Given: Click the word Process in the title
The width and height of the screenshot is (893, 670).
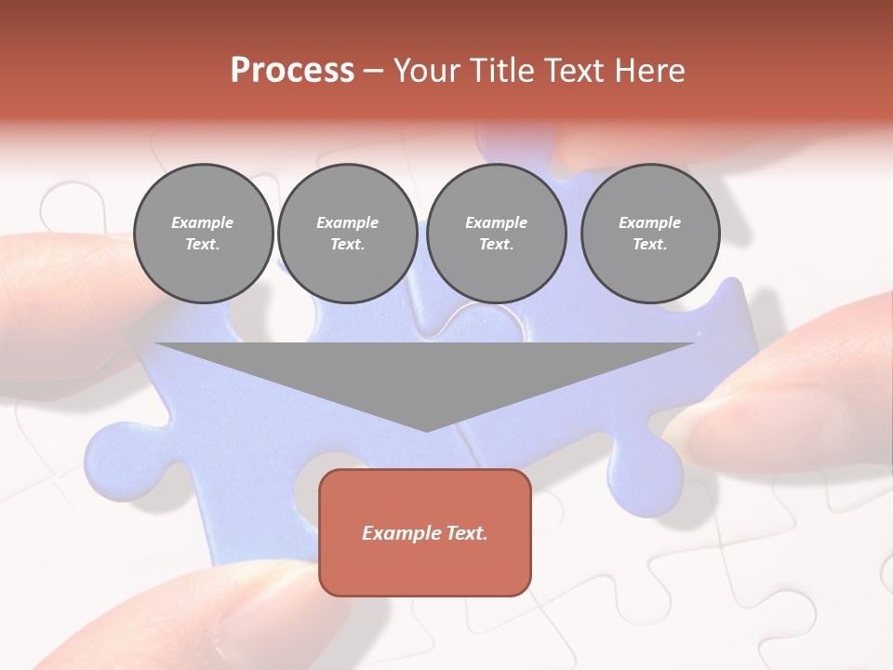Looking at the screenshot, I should click(292, 71).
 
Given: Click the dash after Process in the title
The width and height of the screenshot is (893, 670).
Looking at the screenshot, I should click(373, 72).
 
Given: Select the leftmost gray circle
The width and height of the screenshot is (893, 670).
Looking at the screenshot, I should click(204, 234).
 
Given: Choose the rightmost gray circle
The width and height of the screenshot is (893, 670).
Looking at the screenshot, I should click(650, 234).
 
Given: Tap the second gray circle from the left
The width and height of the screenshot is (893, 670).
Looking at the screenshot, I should click(348, 234).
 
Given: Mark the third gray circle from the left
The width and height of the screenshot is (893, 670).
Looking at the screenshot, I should click(497, 234).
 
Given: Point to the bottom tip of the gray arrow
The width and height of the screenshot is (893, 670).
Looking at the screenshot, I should click(426, 430).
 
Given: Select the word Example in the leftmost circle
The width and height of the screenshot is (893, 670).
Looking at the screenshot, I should click(203, 222).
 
